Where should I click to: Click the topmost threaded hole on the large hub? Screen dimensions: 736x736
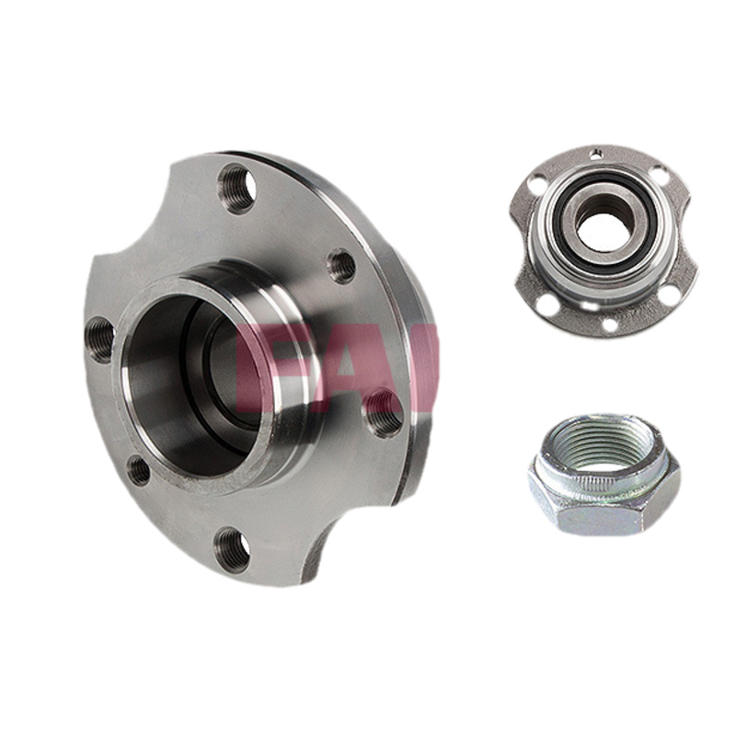pos(237,189)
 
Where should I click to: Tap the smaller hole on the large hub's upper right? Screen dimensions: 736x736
pos(341,267)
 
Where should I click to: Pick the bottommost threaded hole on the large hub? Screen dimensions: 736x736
pos(232,549)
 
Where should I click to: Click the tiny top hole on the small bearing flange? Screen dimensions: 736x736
pos(597,152)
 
